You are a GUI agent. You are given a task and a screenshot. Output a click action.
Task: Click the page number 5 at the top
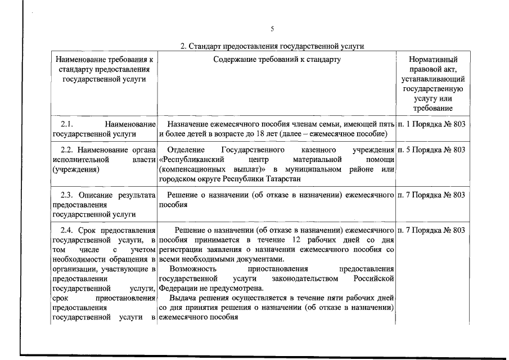pos(272,29)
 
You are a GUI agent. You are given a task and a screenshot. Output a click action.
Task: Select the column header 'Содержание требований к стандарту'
pos(277,59)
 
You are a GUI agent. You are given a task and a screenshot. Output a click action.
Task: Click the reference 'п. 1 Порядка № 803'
pos(431,123)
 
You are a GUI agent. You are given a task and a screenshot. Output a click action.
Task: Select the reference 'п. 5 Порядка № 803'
pos(431,150)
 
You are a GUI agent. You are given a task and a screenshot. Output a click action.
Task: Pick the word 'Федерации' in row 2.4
pos(177,288)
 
